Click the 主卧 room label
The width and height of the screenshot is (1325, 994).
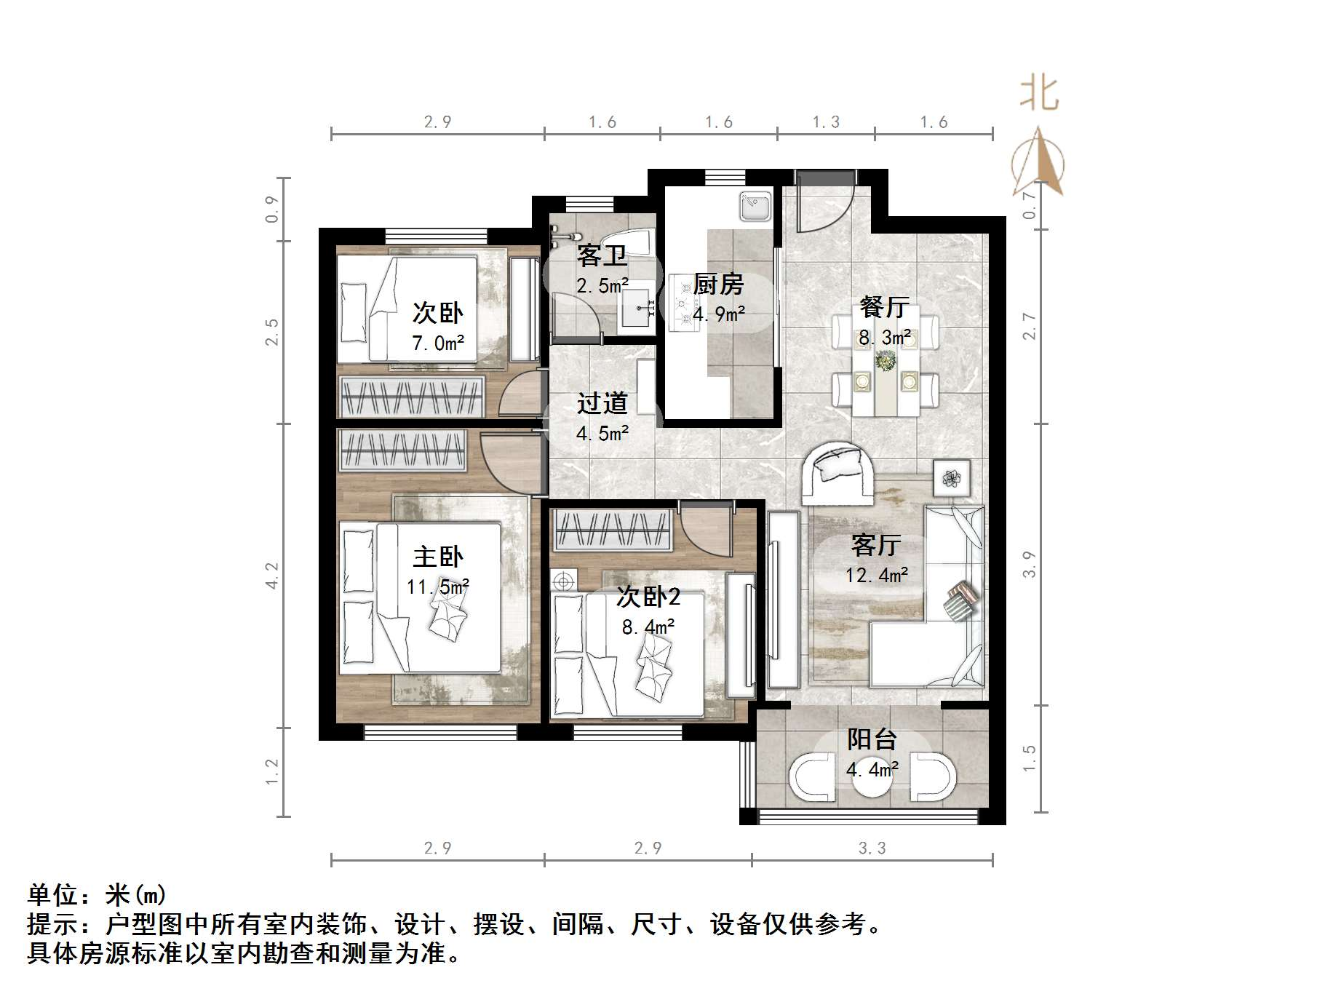[437, 557]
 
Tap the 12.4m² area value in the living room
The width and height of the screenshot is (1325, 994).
[876, 576]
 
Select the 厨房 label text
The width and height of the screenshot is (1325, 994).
[718, 285]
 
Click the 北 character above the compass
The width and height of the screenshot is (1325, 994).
[1038, 95]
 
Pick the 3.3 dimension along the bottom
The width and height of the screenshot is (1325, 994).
[872, 848]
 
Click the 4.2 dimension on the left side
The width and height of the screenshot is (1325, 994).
[271, 575]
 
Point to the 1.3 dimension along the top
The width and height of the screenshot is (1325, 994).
[826, 122]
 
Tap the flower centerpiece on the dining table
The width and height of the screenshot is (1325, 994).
[886, 360]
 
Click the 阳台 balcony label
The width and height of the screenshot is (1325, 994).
[872, 739]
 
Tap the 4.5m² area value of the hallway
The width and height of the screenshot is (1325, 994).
[602, 434]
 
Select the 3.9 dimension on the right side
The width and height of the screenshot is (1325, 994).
[1028, 564]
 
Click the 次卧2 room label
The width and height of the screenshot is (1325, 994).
[648, 597]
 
